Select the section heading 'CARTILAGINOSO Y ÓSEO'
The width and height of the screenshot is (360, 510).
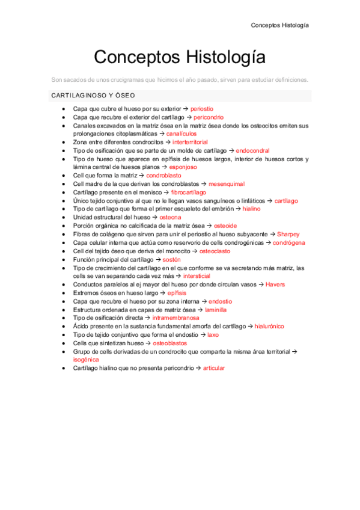[x=93, y=96]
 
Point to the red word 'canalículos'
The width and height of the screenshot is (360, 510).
[x=182, y=134]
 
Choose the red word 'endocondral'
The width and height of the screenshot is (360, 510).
[x=252, y=150]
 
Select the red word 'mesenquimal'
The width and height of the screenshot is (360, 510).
[x=227, y=183]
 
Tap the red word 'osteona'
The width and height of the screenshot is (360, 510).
[x=170, y=217]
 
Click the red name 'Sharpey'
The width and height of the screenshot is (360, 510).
[x=288, y=233]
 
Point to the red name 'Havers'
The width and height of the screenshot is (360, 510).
[x=275, y=284]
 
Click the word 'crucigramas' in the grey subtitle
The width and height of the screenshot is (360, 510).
[x=127, y=79]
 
